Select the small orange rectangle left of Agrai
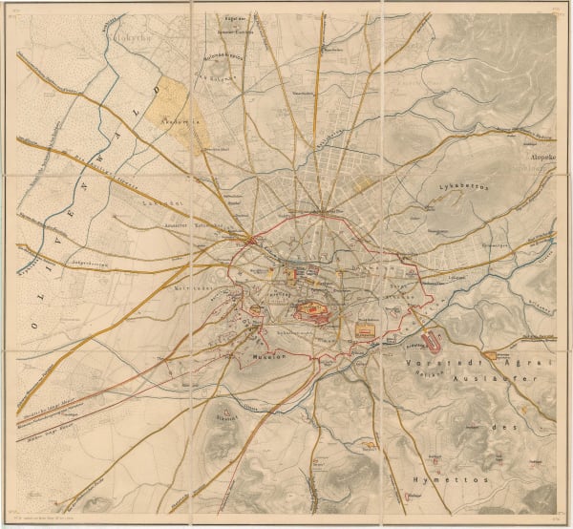coord(489,355)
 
